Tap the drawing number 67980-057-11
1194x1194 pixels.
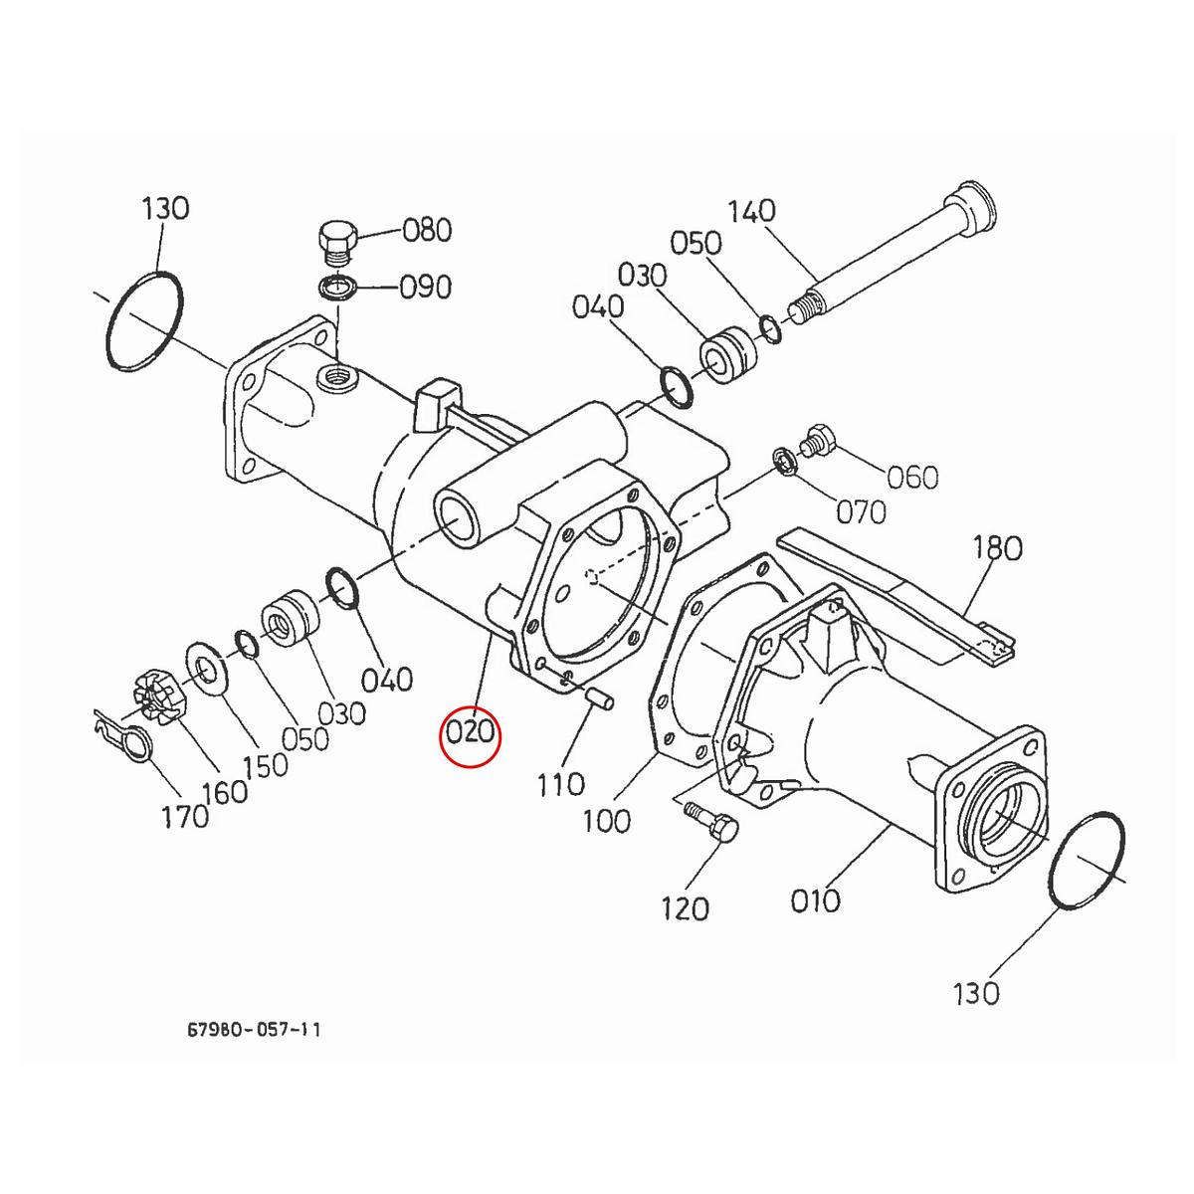[254, 1029]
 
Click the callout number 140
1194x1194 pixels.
[752, 212]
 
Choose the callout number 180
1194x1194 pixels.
[997, 548]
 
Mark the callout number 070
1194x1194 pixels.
[861, 511]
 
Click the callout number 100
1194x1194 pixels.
[606, 821]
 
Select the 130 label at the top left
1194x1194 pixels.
[165, 209]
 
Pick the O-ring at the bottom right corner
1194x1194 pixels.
[1088, 860]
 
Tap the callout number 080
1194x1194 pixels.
[426, 231]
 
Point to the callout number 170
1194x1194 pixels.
[185, 816]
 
